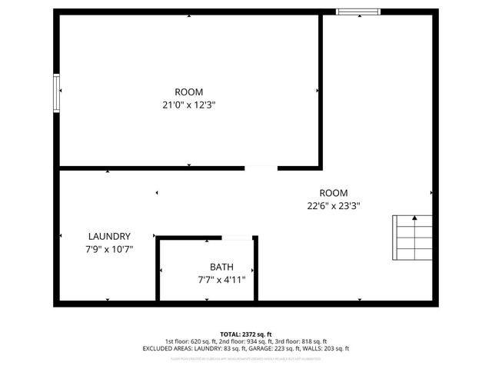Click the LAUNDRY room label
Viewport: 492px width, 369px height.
click(109, 237)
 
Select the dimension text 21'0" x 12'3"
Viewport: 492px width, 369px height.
click(189, 105)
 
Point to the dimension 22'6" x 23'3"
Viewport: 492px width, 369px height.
click(334, 205)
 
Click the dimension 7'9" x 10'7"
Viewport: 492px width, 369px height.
click(109, 249)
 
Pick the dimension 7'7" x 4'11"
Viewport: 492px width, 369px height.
click(221, 280)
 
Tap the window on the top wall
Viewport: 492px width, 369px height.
click(358, 12)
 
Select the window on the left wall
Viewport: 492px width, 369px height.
click(56, 93)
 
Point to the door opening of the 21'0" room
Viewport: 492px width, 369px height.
click(261, 167)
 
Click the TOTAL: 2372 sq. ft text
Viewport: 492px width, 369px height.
click(246, 334)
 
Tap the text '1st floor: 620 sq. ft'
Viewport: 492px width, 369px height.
click(191, 341)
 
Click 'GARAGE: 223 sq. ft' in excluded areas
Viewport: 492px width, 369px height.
click(274, 348)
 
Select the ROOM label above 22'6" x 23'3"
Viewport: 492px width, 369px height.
click(334, 193)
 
